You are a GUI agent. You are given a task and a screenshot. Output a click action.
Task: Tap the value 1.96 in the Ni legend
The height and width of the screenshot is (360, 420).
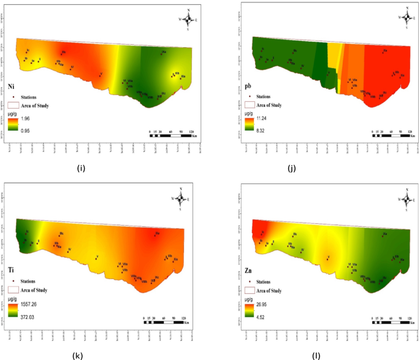(24, 119)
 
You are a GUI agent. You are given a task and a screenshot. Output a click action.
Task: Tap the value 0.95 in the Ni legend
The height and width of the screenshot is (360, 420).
(24, 130)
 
